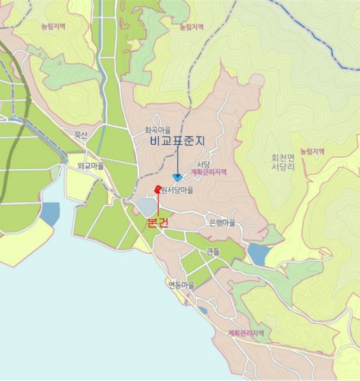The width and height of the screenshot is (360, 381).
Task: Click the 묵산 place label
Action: pyautogui.click(x=80, y=135)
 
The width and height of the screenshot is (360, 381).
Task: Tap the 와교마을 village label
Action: pyautogui.click(x=90, y=165)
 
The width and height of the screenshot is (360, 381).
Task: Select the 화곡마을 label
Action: pyautogui.click(x=158, y=131)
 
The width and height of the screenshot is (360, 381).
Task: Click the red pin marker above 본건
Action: pyautogui.click(x=158, y=189)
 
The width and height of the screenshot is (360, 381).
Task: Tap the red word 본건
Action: pyautogui.click(x=158, y=222)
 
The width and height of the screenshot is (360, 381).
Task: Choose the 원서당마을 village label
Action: pyautogui.click(x=177, y=190)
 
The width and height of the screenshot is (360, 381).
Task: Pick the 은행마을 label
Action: pyautogui.click(x=222, y=222)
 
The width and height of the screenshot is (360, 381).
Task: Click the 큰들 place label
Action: pyautogui.click(x=213, y=251)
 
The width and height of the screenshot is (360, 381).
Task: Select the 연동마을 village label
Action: pyautogui.click(x=181, y=285)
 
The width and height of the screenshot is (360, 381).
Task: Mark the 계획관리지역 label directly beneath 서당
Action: pyautogui.click(x=208, y=171)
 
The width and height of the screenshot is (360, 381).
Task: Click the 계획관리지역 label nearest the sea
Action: pyautogui.click(x=246, y=333)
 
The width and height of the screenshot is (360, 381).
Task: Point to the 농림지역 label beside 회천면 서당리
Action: pyautogui.click(x=312, y=151)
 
